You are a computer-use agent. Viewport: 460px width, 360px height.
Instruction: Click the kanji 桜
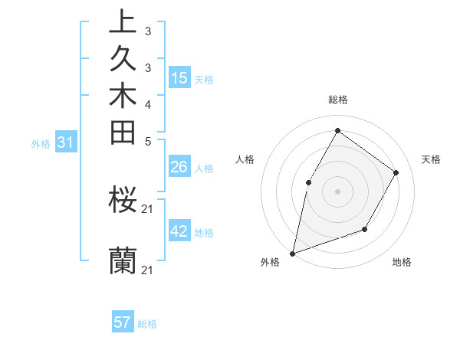(x=123, y=201)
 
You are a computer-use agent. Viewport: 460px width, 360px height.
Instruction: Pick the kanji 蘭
(x=123, y=261)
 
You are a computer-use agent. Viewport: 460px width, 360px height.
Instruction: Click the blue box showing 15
(x=179, y=78)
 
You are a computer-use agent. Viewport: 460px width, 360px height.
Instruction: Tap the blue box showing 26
(x=179, y=168)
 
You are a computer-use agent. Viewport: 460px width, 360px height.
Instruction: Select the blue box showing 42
(x=179, y=231)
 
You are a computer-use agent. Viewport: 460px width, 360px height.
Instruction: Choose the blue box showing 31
(x=65, y=142)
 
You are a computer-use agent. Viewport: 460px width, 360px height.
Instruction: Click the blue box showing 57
(x=123, y=323)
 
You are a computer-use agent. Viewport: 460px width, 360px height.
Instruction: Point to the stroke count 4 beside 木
(x=147, y=103)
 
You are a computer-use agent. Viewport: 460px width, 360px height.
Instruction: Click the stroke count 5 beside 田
(x=147, y=140)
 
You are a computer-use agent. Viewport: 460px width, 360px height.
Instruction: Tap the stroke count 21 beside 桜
(x=148, y=208)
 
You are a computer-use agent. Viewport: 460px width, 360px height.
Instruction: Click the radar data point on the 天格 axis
(x=396, y=172)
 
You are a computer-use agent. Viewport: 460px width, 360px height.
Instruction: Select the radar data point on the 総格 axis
(x=337, y=130)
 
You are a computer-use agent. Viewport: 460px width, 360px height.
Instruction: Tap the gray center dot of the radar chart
(x=337, y=191)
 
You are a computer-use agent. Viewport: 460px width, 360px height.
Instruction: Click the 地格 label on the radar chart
(x=402, y=263)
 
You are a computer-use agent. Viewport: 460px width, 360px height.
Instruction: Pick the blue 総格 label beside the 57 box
(x=147, y=324)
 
